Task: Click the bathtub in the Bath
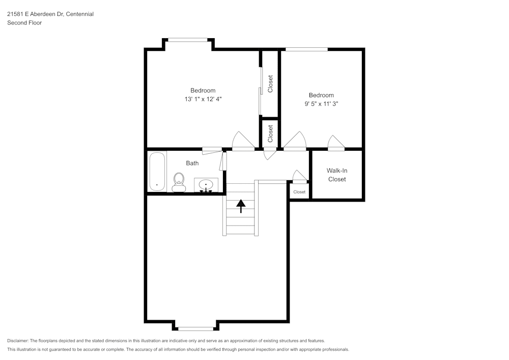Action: tap(157, 172)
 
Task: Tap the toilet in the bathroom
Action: tap(179, 182)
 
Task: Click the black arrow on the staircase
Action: tap(241, 206)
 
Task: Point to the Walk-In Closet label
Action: tap(337, 175)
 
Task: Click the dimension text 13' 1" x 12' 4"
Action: tap(203, 99)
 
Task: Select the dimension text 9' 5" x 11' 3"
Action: tap(321, 104)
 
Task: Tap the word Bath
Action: tap(192, 163)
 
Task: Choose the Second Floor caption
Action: tap(24, 23)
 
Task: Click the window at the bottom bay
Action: tap(196, 328)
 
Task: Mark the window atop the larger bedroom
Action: tap(188, 39)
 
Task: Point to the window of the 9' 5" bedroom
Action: tap(306, 49)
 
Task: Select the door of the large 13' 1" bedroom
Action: tap(243, 141)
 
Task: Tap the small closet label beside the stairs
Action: tap(299, 192)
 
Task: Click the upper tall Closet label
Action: tap(270, 84)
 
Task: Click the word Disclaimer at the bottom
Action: tap(18, 341)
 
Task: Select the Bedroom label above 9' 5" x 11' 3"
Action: tap(321, 95)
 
